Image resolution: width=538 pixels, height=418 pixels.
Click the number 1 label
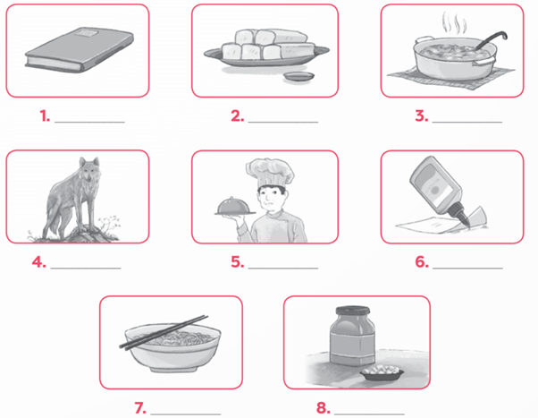tap(44, 116)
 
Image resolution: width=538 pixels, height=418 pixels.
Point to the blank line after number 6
tap(467, 267)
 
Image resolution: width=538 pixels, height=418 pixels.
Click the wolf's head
tap(89, 167)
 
